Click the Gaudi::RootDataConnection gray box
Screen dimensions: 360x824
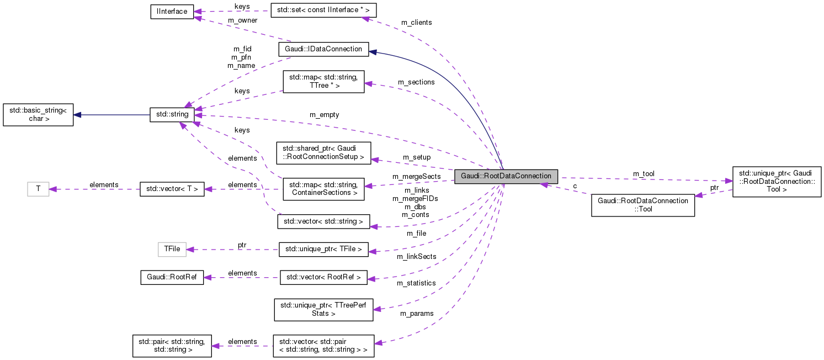(x=506, y=177)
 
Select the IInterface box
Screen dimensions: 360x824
(x=172, y=12)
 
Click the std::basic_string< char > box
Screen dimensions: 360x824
(x=38, y=114)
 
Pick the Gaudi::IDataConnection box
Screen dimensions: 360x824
(x=323, y=49)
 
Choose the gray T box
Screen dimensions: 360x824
(x=38, y=189)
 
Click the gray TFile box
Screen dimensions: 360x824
(x=172, y=249)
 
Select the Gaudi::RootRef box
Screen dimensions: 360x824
(x=172, y=277)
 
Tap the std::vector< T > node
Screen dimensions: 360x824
(x=172, y=189)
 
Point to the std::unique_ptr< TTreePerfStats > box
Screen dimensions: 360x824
(x=323, y=309)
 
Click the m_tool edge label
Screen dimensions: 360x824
(x=644, y=173)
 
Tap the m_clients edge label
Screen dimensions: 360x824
(x=416, y=23)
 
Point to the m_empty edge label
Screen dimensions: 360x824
(x=324, y=114)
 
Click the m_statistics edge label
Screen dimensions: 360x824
(x=416, y=283)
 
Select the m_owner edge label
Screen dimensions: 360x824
(x=242, y=20)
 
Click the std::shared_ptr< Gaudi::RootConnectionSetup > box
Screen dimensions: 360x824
(x=323, y=152)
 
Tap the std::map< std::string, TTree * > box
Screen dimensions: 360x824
(x=323, y=81)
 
